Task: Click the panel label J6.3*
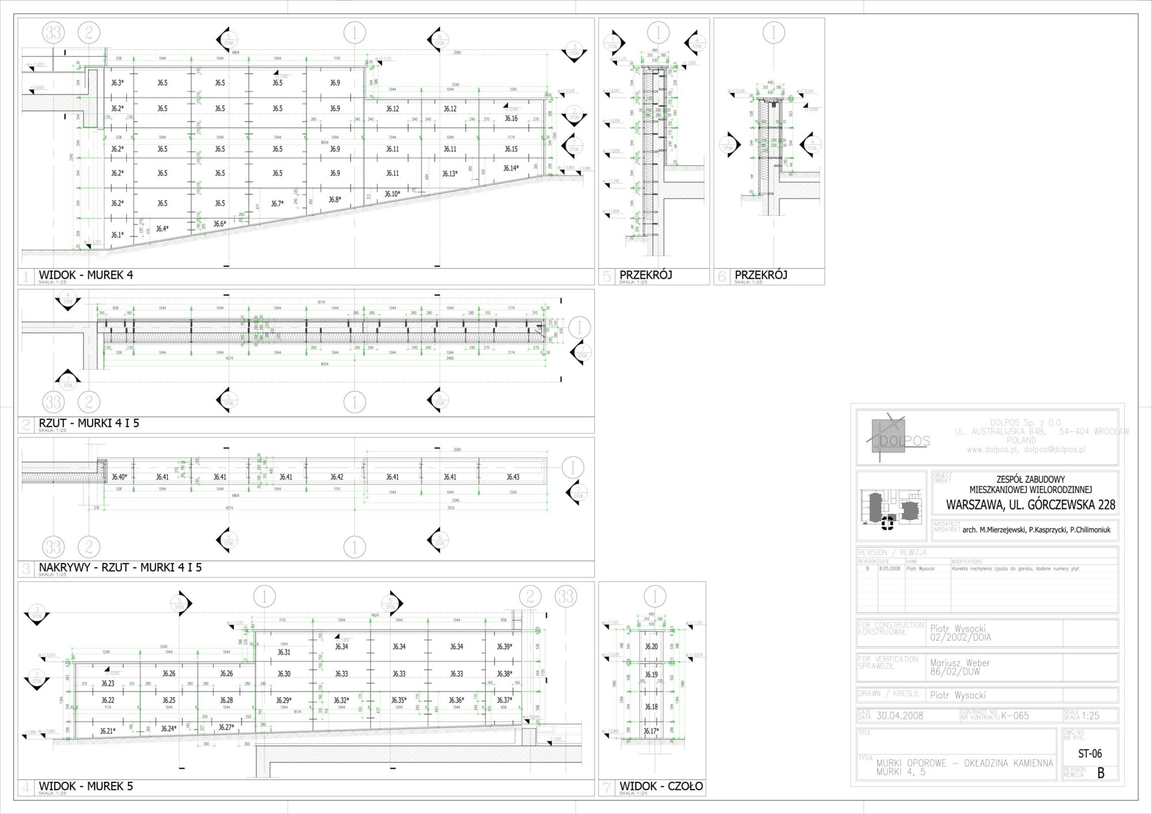[x=118, y=83]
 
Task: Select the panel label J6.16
[x=511, y=119]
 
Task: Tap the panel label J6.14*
[x=511, y=169]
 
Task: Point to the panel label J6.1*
[x=118, y=235]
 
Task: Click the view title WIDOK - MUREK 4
[x=86, y=275]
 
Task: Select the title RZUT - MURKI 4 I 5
[x=89, y=423]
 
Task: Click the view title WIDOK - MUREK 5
[x=86, y=786]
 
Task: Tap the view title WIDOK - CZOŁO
[x=661, y=786]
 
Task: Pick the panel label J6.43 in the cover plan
[x=513, y=477]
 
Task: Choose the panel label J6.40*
[x=119, y=477]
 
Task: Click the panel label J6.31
[x=284, y=652]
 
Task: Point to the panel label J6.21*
[x=108, y=731]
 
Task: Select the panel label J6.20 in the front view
[x=651, y=646]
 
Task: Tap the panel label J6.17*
[x=651, y=731]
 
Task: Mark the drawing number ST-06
[x=1090, y=754]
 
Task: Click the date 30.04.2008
[x=900, y=716]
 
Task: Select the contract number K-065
[x=1015, y=716]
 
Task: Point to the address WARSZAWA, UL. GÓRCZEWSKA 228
[x=1030, y=505]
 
